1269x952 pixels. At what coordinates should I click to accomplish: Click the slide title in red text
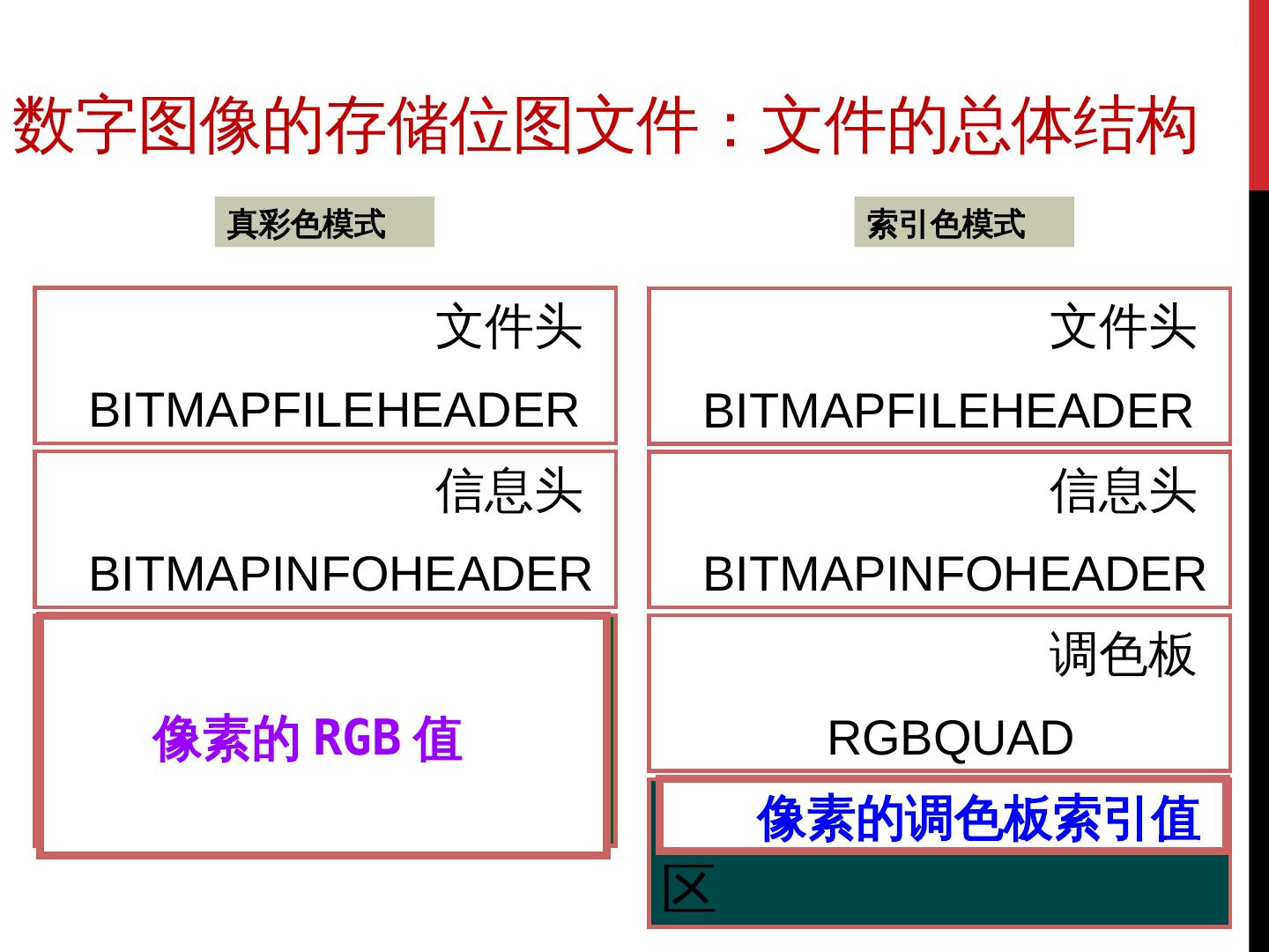pyautogui.click(x=605, y=126)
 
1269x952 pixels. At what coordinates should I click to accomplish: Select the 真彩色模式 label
pyautogui.click(x=306, y=223)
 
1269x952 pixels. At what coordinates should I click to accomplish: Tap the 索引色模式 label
pyautogui.click(x=946, y=223)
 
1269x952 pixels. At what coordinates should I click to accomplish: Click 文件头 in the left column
pyautogui.click(x=508, y=327)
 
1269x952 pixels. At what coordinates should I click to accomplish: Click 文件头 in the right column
pyautogui.click(x=1122, y=327)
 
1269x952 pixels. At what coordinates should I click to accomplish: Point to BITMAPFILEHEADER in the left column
pyautogui.click(x=333, y=410)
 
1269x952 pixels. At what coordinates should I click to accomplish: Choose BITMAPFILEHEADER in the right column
pyautogui.click(x=947, y=411)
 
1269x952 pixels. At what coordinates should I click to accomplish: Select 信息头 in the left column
pyautogui.click(x=508, y=491)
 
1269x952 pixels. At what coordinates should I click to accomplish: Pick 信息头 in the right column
pyautogui.click(x=1122, y=491)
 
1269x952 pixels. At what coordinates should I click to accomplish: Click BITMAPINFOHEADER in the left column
pyautogui.click(x=340, y=574)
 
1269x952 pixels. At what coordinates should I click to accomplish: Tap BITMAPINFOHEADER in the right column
pyautogui.click(x=954, y=574)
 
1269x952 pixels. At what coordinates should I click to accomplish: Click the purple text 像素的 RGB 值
pyautogui.click(x=307, y=738)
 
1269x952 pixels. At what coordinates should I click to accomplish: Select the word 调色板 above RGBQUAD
pyautogui.click(x=1122, y=655)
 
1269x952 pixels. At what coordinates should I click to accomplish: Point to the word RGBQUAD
pyautogui.click(x=950, y=738)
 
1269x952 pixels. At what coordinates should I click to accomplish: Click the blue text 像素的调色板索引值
pyautogui.click(x=978, y=818)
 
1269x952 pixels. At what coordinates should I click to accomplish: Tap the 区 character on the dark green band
pyautogui.click(x=688, y=889)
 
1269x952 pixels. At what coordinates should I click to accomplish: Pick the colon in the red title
pyautogui.click(x=729, y=126)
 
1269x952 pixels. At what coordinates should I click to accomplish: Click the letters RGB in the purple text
pyautogui.click(x=357, y=737)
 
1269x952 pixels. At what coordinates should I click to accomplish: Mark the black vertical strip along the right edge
pyautogui.click(x=1259, y=564)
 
